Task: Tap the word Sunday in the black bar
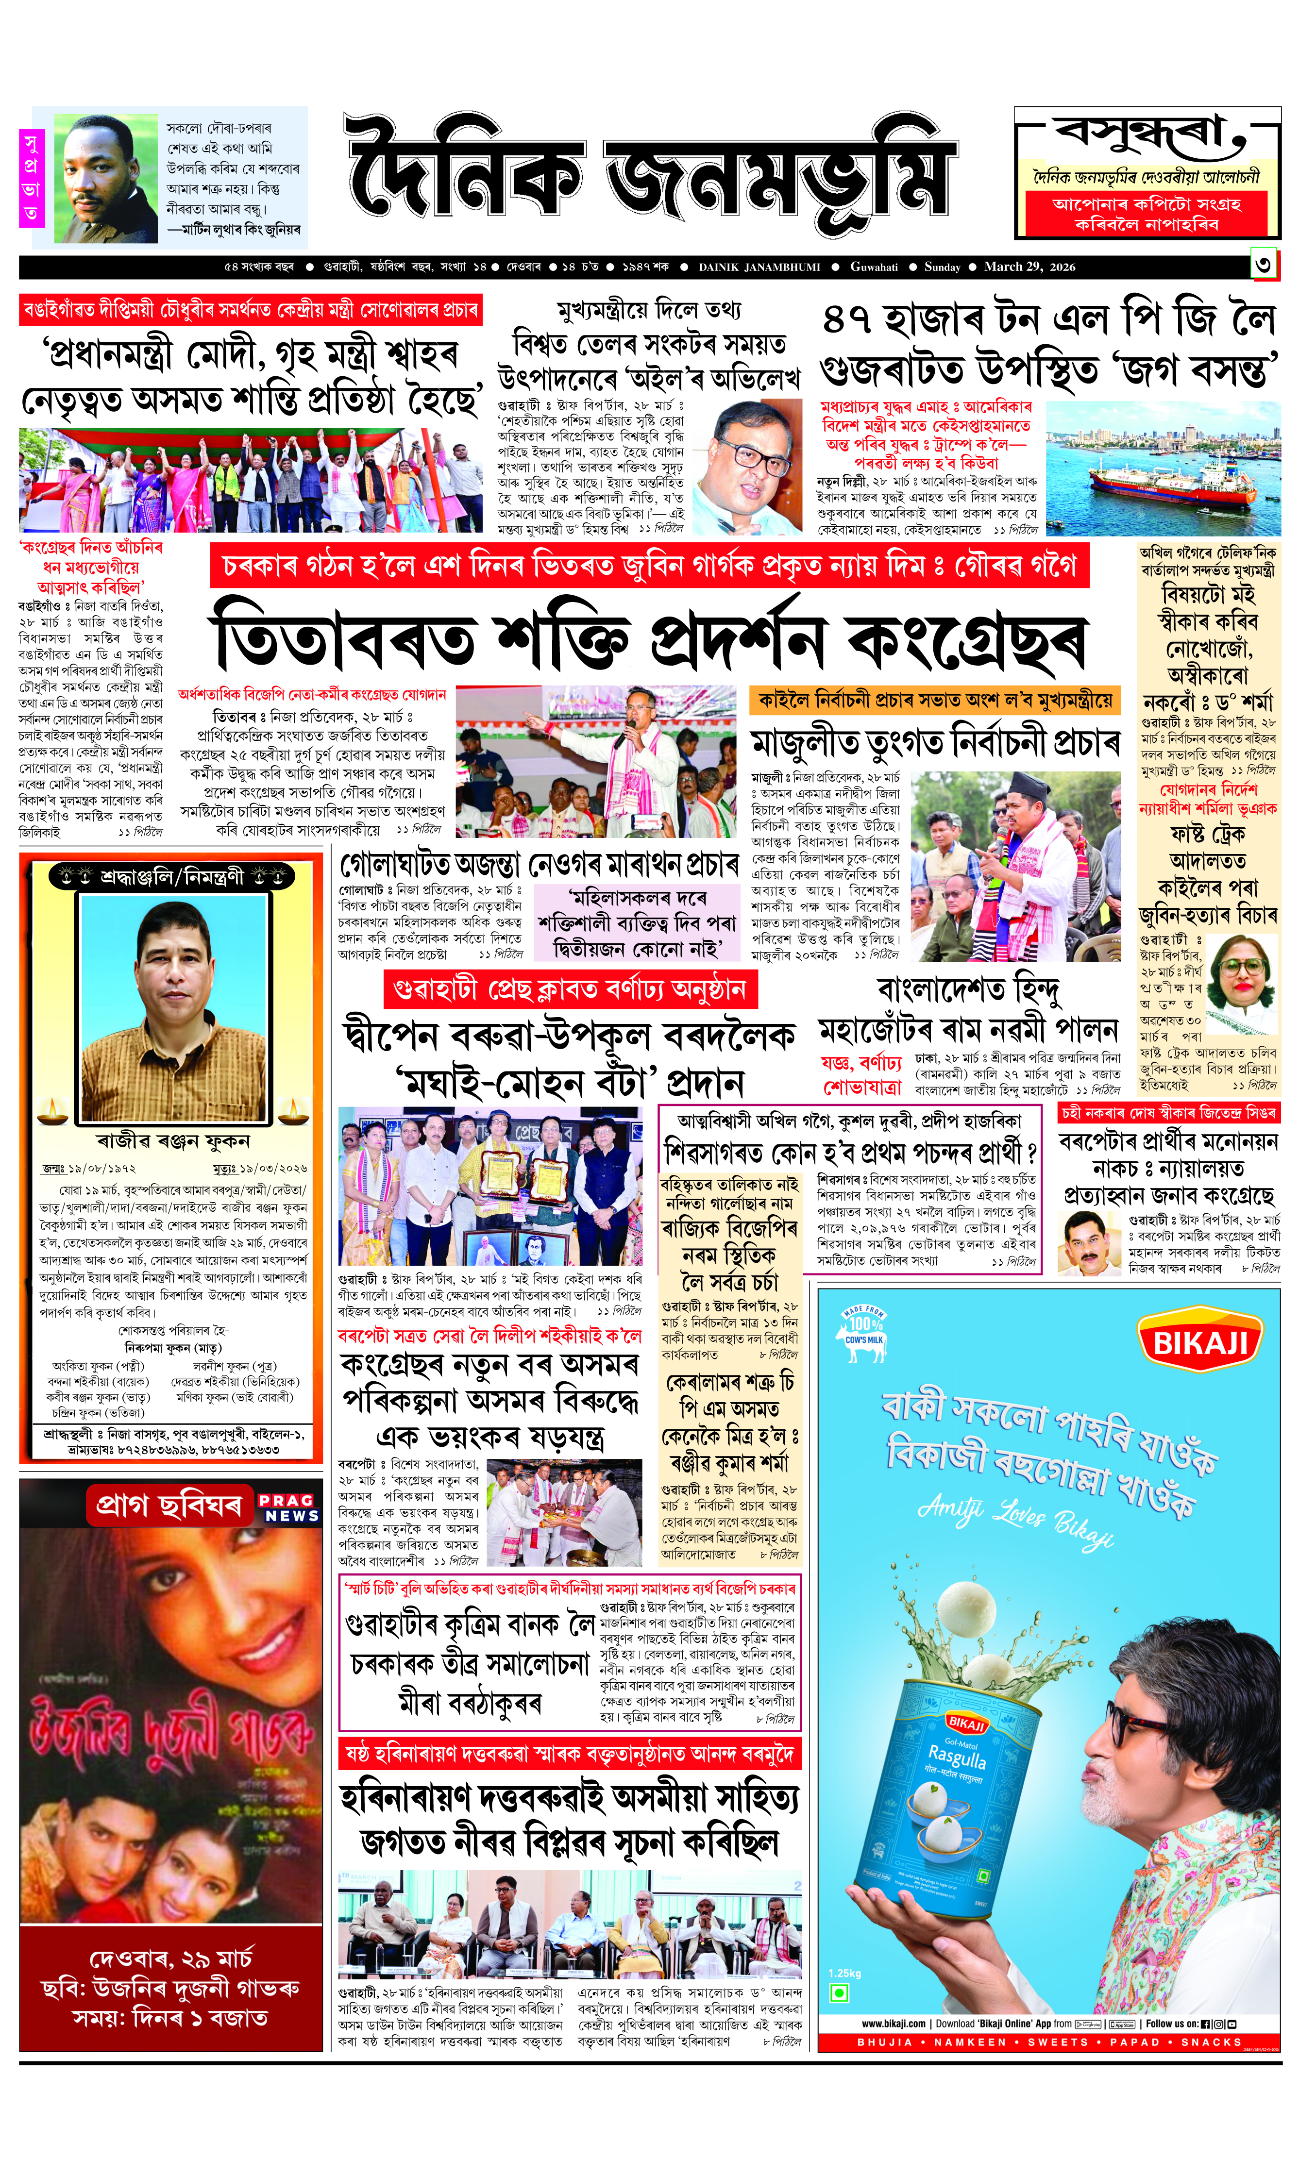click(942, 267)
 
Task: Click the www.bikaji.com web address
click(893, 2024)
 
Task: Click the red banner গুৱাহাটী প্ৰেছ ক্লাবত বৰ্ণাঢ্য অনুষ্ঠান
click(570, 990)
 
